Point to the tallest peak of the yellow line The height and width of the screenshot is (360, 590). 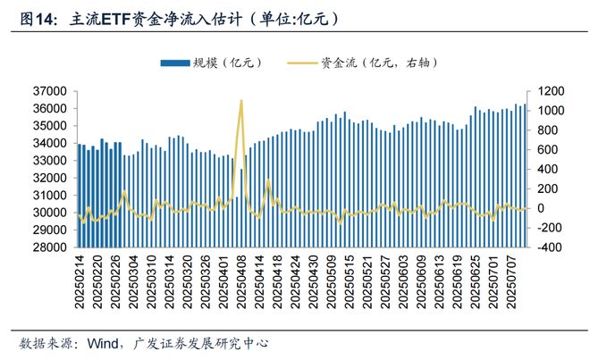(x=241, y=101)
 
